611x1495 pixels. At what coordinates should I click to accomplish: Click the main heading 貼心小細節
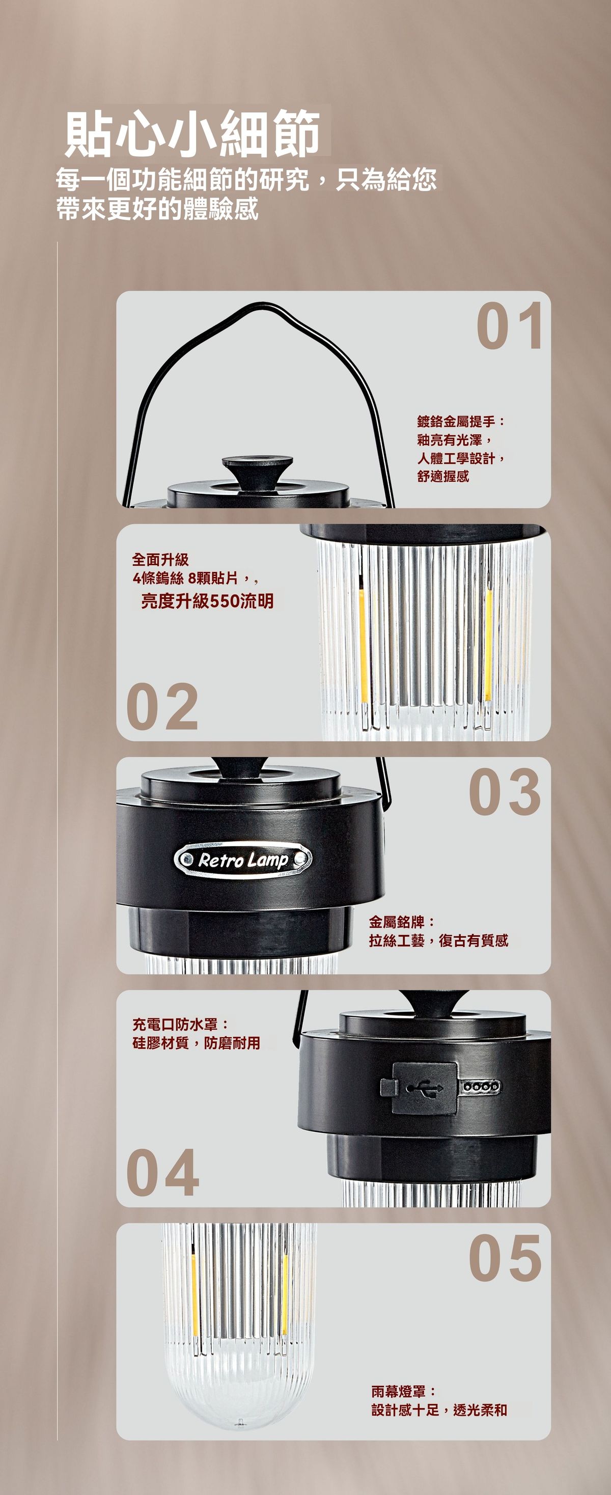coord(192,133)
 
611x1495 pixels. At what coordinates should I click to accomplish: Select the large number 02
coord(162,706)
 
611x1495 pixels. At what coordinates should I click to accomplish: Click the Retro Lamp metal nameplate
coord(242,860)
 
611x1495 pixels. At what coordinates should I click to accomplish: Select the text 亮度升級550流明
coord(207,601)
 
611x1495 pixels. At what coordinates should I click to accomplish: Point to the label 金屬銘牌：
coord(402,922)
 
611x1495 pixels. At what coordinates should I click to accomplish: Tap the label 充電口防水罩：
coord(180,1025)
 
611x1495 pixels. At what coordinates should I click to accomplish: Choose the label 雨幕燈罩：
coord(404,1391)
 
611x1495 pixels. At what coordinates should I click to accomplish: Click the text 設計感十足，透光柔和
coord(439,1409)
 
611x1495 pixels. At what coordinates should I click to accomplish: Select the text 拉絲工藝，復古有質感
coord(439,940)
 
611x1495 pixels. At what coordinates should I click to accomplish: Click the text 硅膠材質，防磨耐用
coord(196,1043)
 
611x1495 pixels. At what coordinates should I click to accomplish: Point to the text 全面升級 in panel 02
coord(161,560)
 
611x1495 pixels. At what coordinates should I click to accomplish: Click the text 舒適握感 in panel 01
coord(443,477)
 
